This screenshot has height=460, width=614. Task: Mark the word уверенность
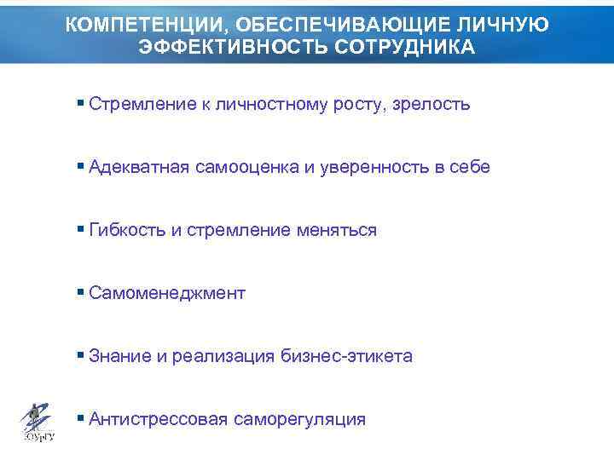pyautogui.click(x=373, y=167)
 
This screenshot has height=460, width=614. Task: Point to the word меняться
pyautogui.click(x=337, y=230)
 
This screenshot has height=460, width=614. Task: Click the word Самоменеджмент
pyautogui.click(x=166, y=293)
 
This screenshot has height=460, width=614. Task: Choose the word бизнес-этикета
pyautogui.click(x=346, y=356)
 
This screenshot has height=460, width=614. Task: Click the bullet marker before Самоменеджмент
pyautogui.click(x=80, y=292)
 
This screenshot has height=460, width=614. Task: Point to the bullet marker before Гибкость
pyautogui.click(x=80, y=229)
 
